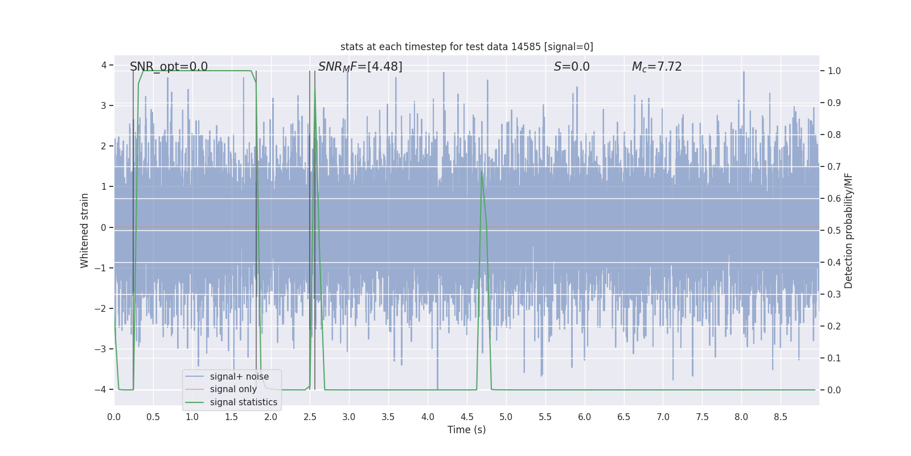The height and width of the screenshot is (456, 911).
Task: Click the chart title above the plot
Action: tap(466, 47)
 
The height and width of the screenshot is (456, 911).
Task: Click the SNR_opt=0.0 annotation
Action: tap(169, 67)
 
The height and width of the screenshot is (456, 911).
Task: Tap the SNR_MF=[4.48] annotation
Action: tap(360, 67)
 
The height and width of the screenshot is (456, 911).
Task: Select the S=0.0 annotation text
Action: tap(572, 67)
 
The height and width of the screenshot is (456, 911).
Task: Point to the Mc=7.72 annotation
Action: tap(656, 67)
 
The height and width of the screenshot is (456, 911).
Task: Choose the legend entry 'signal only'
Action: tap(233, 389)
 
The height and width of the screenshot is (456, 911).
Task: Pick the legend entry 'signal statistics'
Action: tap(243, 402)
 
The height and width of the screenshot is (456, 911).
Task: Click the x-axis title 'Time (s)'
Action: tap(466, 430)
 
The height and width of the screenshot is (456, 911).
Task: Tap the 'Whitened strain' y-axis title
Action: tap(85, 230)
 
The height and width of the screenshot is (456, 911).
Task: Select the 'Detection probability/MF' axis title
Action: tap(848, 230)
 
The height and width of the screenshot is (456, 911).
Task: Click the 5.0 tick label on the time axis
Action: tap(506, 417)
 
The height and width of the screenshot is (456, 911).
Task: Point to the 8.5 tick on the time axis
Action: tap(780, 417)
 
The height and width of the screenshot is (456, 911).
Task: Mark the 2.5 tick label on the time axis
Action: tap(310, 417)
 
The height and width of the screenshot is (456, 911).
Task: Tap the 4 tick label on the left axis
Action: tap(104, 65)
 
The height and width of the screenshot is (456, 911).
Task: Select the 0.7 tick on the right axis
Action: tap(834, 167)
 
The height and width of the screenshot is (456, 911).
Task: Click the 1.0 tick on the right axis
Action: tap(834, 71)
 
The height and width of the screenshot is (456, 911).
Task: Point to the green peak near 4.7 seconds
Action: tap(482, 171)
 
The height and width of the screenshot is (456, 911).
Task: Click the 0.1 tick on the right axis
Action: tap(834, 359)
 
